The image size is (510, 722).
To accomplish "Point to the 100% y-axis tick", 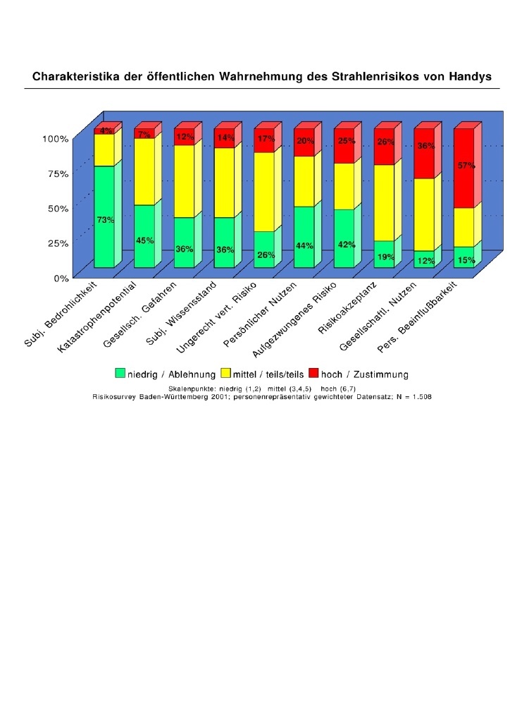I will [x=55, y=139].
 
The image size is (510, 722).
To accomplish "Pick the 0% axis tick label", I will [x=60, y=278].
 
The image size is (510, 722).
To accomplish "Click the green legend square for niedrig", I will [x=120, y=373].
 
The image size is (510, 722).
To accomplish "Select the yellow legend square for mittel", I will [x=225, y=373].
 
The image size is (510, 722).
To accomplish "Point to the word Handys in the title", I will [x=473, y=76].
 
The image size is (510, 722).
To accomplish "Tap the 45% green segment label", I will [x=145, y=240].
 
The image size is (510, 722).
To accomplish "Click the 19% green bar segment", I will [x=384, y=255].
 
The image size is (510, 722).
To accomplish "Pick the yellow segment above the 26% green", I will [x=264, y=192].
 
